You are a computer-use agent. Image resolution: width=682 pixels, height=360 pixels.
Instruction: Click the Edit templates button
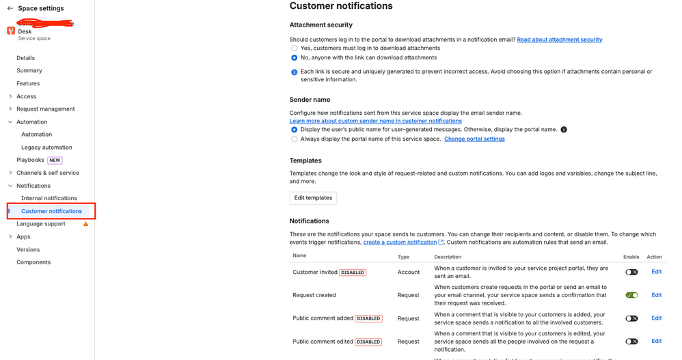313,198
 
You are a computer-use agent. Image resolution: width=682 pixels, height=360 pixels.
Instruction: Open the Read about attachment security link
559,40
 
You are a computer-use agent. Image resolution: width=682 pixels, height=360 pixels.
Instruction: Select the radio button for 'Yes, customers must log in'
295,49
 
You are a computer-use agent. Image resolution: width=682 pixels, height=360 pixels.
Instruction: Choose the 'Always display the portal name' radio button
295,139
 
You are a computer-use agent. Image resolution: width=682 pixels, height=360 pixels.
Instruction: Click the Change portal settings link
474,139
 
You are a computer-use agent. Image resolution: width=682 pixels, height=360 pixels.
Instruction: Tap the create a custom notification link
400,243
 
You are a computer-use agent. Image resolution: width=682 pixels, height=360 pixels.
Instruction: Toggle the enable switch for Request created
631,295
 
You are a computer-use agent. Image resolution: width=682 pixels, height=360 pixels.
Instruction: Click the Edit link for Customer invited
656,272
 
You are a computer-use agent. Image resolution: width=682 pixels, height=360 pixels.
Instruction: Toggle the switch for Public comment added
631,318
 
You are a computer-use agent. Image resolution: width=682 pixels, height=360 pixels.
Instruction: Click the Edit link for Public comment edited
656,341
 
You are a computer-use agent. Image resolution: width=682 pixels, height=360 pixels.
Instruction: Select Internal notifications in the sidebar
49,199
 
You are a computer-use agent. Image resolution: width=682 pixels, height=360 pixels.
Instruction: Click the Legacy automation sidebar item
46,148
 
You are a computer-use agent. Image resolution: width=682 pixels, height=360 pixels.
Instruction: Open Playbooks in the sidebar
30,161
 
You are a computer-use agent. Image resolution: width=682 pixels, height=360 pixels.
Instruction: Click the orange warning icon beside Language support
85,224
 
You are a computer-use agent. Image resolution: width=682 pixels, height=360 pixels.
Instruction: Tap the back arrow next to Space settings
10,9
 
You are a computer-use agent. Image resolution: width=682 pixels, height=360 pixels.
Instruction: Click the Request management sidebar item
46,109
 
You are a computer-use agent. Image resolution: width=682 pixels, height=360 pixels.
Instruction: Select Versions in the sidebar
28,250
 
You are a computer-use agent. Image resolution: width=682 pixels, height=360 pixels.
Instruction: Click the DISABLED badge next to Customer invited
353,273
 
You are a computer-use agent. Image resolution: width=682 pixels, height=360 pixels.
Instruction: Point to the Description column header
448,257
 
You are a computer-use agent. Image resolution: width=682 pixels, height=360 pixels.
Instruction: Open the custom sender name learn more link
375,121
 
